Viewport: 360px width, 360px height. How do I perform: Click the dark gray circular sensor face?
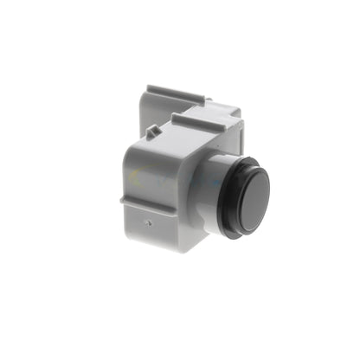(x=252, y=199)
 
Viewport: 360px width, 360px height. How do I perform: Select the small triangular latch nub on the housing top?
(x=152, y=132)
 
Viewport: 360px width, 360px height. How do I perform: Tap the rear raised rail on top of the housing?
(x=177, y=94)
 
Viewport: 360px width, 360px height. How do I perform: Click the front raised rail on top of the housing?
(x=203, y=116)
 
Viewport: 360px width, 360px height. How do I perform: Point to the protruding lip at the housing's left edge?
(x=125, y=200)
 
